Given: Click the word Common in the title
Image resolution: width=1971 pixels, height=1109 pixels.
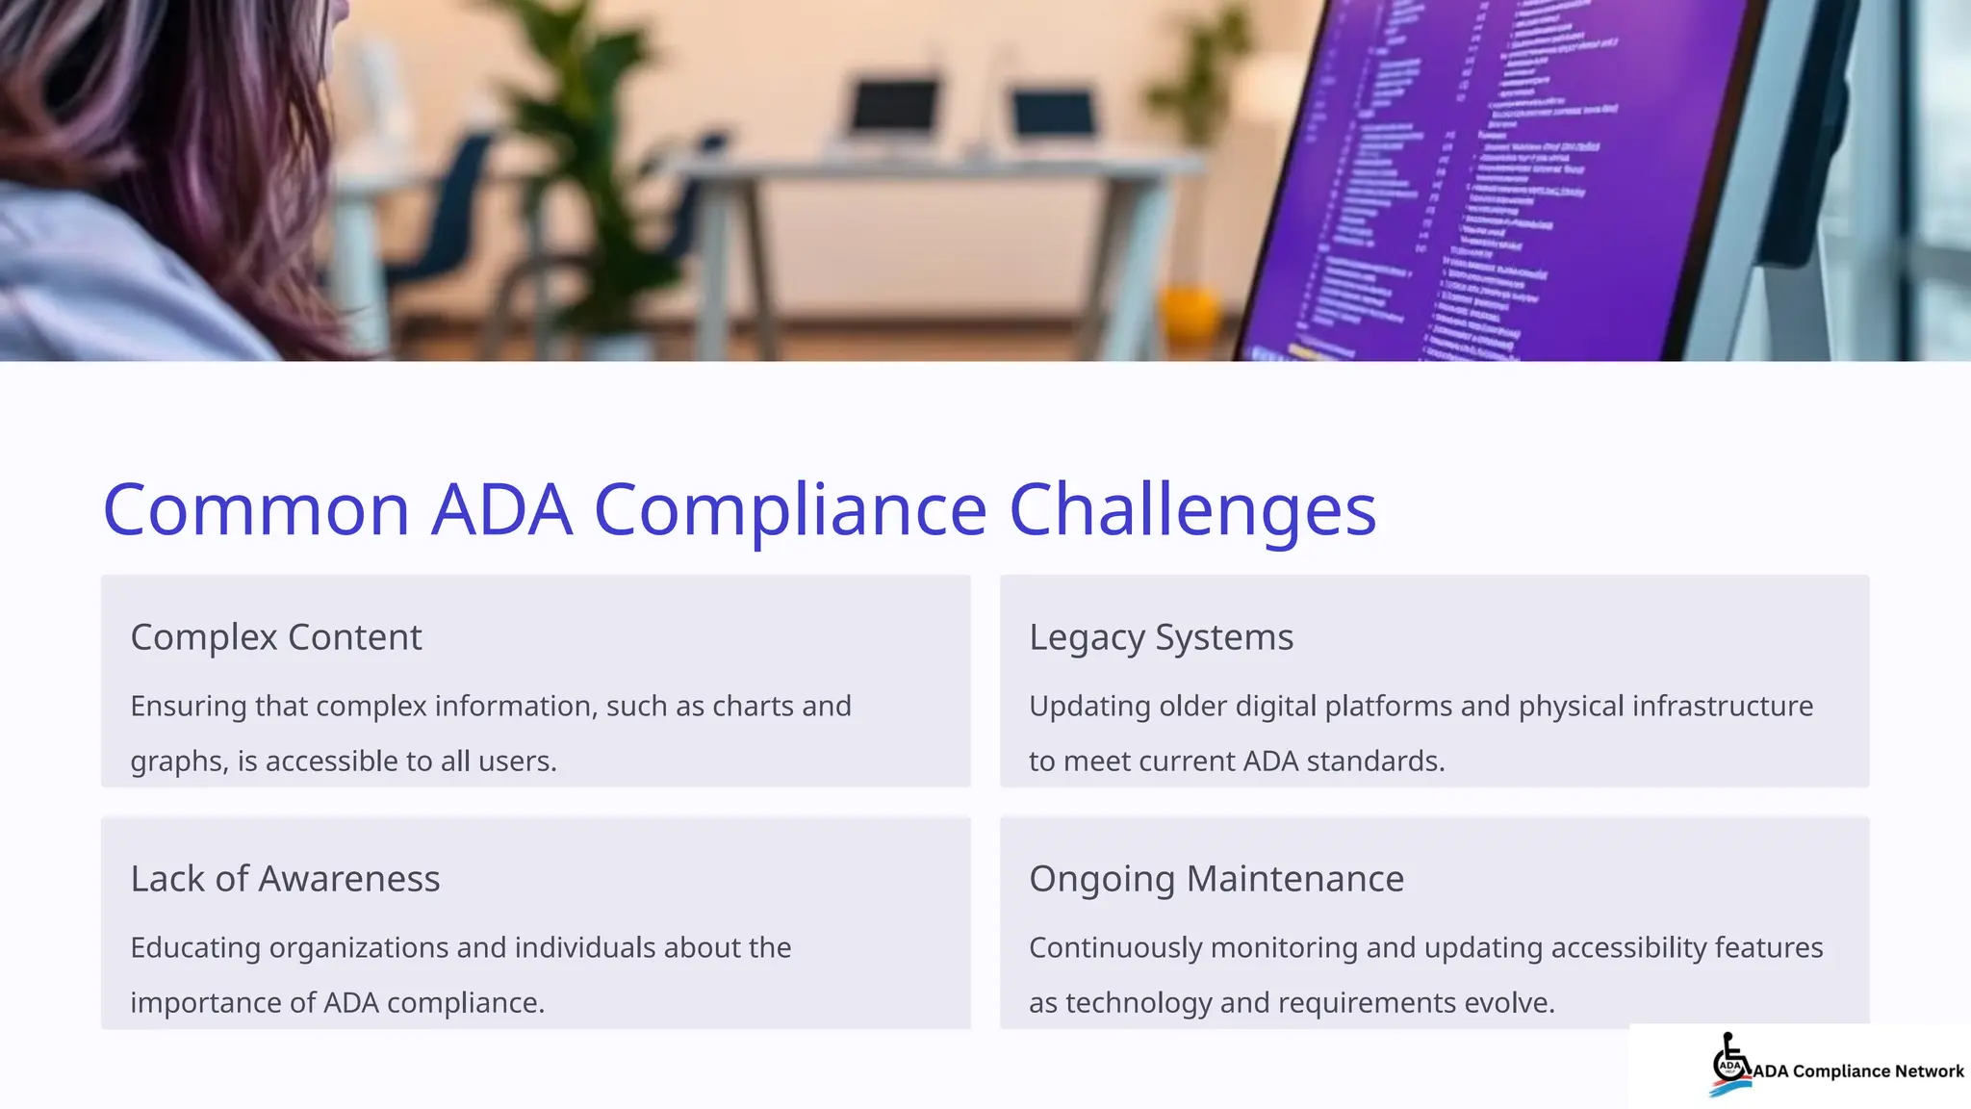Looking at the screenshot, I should [256, 509].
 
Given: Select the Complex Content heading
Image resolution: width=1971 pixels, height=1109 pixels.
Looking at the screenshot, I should [276, 637].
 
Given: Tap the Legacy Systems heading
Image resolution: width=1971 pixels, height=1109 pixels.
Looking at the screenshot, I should [1161, 637].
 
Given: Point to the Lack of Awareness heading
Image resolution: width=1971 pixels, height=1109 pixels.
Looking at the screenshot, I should [285, 879].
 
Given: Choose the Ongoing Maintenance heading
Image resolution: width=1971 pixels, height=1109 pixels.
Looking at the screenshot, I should [1216, 879].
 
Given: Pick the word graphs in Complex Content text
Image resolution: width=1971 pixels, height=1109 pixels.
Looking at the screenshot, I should [178, 761].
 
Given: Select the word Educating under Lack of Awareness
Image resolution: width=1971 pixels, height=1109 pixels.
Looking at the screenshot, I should [194, 948].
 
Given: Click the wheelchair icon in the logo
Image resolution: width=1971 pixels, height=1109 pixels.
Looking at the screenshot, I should [1730, 1063].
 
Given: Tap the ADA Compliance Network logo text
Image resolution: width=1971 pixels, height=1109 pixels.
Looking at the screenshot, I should [1858, 1071].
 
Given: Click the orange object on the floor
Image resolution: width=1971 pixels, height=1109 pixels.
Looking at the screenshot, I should [1190, 310].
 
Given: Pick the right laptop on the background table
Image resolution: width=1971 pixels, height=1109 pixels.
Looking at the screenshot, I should [1053, 116].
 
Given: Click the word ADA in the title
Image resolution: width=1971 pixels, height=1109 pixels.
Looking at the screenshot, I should [501, 509].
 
